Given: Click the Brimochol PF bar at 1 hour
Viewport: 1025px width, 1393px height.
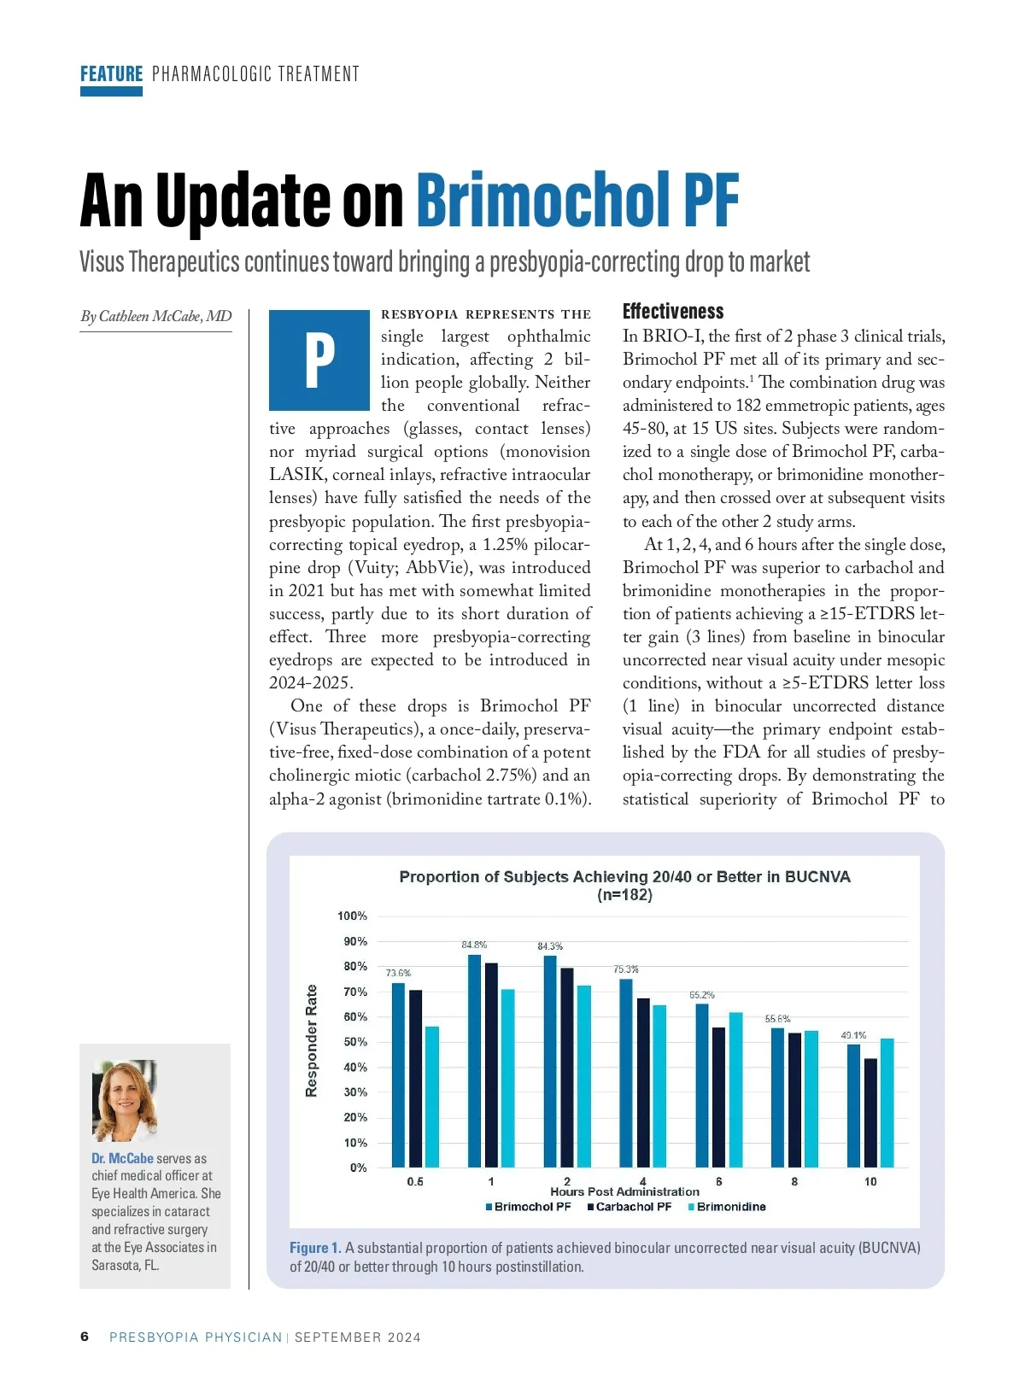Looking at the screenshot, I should [x=474, y=1061].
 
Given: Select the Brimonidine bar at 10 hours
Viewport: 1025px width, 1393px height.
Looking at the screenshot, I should [x=887, y=1103].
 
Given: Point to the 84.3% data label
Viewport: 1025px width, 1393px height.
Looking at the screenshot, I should [x=550, y=946].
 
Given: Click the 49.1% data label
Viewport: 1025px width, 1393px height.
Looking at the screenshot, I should [x=853, y=1035].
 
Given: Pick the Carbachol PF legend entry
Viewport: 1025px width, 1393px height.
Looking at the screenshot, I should [x=630, y=1207].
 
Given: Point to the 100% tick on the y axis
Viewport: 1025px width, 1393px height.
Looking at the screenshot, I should [x=352, y=916].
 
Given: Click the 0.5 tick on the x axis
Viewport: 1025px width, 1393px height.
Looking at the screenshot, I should [x=415, y=1181].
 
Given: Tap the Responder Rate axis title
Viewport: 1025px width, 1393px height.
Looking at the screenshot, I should [x=312, y=1040].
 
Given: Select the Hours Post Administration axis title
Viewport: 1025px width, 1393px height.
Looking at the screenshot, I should [x=624, y=1191].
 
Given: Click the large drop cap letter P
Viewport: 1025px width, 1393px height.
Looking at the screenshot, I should [x=319, y=360].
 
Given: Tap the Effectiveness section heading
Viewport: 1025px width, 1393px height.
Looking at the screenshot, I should [x=673, y=311].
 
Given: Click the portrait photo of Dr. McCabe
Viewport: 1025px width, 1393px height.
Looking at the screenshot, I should [x=125, y=1100].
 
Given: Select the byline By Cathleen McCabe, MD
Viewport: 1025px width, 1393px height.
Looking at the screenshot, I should [x=156, y=316].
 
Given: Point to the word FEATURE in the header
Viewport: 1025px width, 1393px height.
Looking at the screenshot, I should [x=111, y=74].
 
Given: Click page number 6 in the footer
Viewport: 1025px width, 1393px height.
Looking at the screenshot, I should [x=85, y=1337].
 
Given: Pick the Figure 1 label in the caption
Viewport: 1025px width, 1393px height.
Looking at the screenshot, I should [x=315, y=1248].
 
